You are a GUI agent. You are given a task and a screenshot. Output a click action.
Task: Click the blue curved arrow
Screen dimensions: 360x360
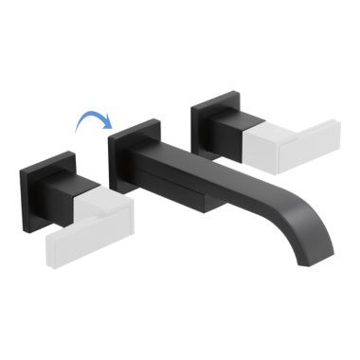click(92, 115)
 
